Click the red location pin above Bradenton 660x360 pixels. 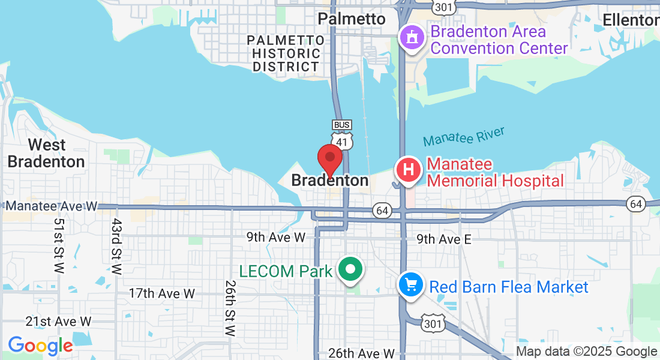coord(329,158)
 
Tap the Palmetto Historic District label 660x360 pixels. coord(287,53)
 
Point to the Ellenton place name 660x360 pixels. coord(631,20)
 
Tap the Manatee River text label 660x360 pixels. coord(464,137)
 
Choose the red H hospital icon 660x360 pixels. coord(408,170)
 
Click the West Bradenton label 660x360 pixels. coord(46,153)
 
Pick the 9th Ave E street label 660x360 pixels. coord(444,239)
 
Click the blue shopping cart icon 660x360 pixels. coord(411,284)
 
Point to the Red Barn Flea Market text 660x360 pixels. coord(509,287)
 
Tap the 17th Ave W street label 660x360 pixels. coord(162,293)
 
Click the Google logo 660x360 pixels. coord(40,346)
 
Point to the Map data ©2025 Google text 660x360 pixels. coord(587,352)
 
